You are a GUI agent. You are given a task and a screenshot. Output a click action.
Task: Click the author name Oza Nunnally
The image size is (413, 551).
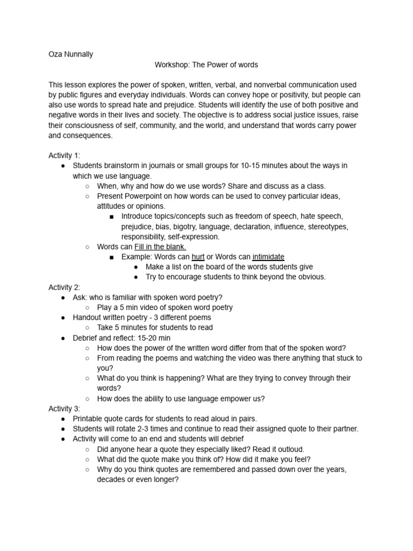pos(70,54)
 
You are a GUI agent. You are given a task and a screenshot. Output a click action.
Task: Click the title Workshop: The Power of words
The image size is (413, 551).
pos(206,65)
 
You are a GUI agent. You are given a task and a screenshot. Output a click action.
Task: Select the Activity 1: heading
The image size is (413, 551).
pos(64,156)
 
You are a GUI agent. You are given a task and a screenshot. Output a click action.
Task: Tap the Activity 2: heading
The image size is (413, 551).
pos(64,287)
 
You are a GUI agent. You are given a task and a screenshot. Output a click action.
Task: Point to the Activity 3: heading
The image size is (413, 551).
pos(64,409)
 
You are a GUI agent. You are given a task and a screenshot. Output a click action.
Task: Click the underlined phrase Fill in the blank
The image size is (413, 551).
pos(160,246)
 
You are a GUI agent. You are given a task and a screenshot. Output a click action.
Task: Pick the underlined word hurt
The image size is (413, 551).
pos(198,257)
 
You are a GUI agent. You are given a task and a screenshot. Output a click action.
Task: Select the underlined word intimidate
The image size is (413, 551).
pos(268,257)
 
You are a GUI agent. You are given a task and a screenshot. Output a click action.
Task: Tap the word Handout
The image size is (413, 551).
pos(88,317)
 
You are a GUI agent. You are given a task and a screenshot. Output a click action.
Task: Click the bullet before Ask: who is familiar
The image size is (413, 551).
pos(63,298)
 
